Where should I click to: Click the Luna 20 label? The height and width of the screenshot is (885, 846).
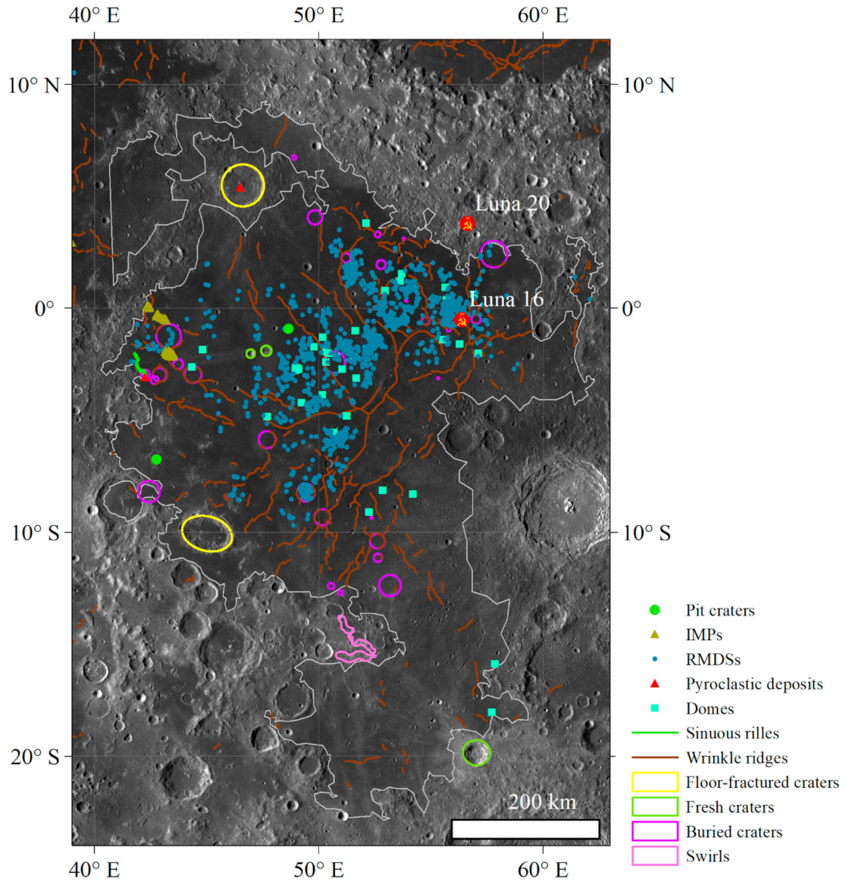tap(512, 203)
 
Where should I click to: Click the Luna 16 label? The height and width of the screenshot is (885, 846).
tap(506, 299)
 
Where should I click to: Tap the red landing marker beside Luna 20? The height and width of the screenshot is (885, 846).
tap(467, 224)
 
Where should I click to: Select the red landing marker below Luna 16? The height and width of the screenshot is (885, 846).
tap(461, 320)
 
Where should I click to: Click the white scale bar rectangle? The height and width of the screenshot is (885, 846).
tap(525, 829)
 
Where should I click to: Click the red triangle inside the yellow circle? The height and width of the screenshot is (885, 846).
tap(240, 188)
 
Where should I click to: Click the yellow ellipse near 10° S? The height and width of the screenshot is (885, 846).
tap(207, 533)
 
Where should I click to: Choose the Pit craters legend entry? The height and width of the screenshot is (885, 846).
tap(719, 610)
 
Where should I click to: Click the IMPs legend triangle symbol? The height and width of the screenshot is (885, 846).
tap(655, 634)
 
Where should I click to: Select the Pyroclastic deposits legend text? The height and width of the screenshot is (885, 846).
tap(754, 683)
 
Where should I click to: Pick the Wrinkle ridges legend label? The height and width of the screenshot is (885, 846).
tap(736, 758)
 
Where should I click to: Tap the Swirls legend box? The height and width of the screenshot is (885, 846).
tap(654, 856)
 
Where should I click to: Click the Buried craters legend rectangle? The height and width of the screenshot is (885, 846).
tap(654, 831)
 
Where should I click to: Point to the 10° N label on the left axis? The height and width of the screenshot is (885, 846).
tap(33, 84)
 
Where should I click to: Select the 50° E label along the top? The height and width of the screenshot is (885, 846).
tap(318, 15)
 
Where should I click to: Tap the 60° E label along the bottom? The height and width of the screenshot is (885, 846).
tap(543, 870)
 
